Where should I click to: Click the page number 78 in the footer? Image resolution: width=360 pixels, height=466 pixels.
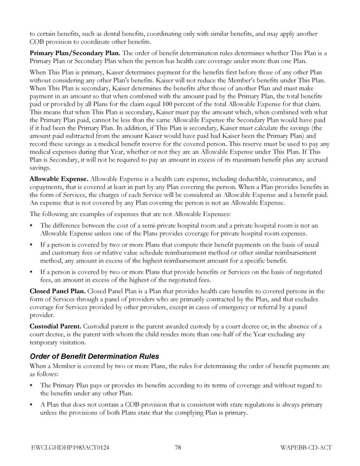(178, 447)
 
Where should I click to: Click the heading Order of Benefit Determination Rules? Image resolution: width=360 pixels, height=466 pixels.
(95, 356)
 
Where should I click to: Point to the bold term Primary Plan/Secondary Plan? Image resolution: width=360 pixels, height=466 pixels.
(67, 53)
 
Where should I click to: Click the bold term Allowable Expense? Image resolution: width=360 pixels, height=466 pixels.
(58, 179)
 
